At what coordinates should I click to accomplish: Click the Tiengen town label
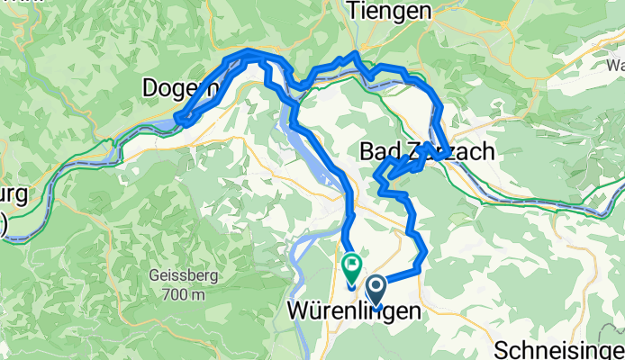(389, 12)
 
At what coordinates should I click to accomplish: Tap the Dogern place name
(180, 87)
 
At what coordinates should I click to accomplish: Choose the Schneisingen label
(561, 347)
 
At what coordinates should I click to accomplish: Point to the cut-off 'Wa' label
(616, 66)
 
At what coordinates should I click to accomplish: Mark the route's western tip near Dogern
(179, 118)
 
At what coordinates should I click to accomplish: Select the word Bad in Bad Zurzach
(378, 151)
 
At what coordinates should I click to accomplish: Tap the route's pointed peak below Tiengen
(357, 56)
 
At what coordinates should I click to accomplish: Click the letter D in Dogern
(150, 87)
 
